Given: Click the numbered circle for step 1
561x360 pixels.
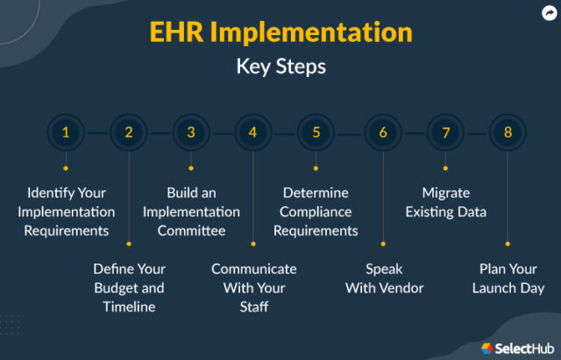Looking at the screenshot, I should (x=66, y=133).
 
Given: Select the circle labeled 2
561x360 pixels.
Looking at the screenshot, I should (x=129, y=133).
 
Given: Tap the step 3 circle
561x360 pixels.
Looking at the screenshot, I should (x=191, y=133).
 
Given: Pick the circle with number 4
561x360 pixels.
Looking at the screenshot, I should (x=253, y=133).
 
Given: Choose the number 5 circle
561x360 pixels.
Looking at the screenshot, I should (x=316, y=133).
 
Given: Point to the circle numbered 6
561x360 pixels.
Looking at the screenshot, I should (x=383, y=133).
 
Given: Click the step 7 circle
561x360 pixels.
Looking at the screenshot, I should (x=445, y=133).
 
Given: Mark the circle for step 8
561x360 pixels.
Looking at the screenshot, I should (x=508, y=133).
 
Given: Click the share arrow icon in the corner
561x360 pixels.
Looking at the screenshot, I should (x=548, y=13).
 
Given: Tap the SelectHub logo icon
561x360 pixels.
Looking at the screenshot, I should (x=487, y=348).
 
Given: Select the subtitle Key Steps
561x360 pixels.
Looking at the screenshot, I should (x=280, y=67).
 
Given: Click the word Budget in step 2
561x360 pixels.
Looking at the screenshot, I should (x=118, y=288).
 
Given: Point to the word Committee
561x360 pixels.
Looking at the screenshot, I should (x=191, y=231).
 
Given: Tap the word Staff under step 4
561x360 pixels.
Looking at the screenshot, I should (x=253, y=307).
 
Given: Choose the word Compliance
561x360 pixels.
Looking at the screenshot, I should (x=316, y=212).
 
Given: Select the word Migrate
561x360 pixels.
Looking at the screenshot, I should (x=445, y=193).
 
